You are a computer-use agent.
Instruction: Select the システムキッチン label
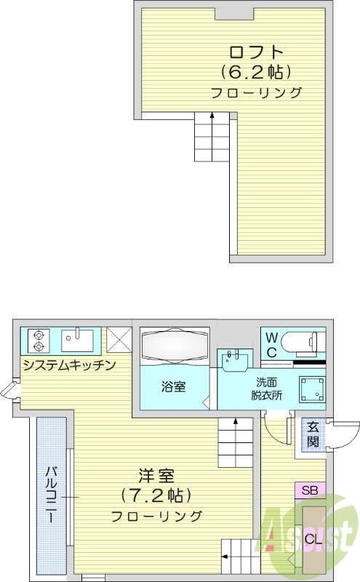68,365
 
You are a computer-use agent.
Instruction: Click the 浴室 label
172,386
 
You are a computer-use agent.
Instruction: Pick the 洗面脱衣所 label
266,389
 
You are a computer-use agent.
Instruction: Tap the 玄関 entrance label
312,435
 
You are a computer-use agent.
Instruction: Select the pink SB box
310,490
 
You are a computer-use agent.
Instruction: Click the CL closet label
313,539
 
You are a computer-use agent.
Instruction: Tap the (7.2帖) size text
156,496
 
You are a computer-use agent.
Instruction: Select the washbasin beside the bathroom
234,359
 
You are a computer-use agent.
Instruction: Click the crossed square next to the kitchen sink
118,339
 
